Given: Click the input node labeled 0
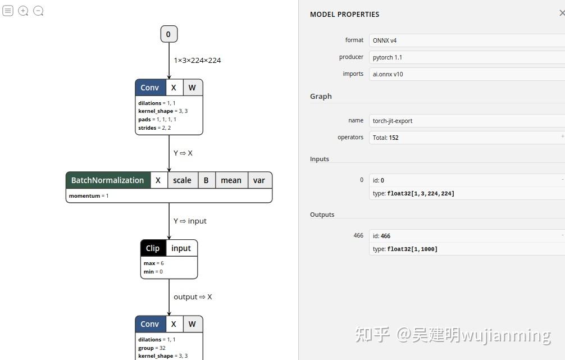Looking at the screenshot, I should [168, 34].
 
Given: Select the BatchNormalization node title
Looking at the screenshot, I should [108, 180].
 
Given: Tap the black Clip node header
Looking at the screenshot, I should [153, 248].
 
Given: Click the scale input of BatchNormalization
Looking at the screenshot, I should [182, 180].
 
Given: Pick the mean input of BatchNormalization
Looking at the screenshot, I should [231, 180].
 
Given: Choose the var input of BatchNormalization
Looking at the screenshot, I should [259, 180].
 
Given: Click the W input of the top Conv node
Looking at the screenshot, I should [192, 88].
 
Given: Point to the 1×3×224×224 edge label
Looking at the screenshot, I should [197, 60].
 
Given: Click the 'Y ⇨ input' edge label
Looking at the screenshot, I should [190, 221].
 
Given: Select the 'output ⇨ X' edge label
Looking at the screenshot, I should [193, 297].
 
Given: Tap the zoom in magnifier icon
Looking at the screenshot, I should [23, 11].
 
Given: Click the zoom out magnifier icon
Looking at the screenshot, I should [38, 11].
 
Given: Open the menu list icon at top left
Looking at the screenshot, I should [8, 11].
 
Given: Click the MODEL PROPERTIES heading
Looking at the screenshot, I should [344, 15].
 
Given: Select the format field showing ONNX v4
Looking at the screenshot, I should [466, 40].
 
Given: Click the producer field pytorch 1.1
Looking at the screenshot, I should [466, 57].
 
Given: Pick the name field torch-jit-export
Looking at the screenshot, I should [466, 121].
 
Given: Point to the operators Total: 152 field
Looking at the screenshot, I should [466, 138].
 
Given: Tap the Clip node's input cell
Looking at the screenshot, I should [181, 248].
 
